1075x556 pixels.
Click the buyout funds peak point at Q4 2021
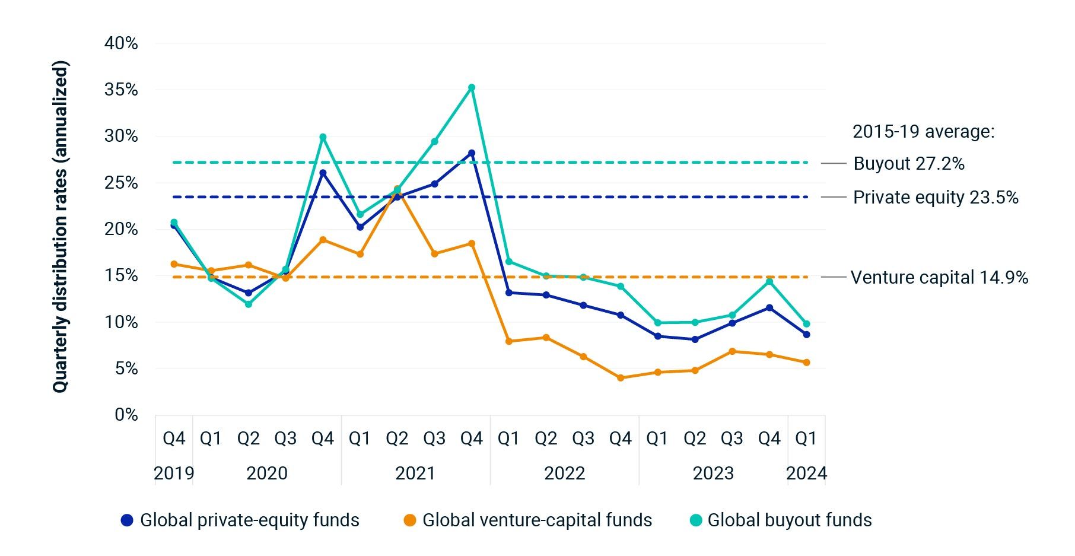pos(472,88)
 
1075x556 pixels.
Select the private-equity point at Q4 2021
pos(472,153)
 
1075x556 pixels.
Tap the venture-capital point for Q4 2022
pos(621,378)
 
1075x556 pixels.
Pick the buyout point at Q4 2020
pos(323,137)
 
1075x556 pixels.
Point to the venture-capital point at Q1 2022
pos(509,341)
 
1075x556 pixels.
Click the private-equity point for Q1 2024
pos(806,335)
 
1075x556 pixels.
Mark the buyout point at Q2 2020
pos(249,304)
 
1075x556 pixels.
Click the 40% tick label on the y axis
pos(121,43)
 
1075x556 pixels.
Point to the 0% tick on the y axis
pos(126,415)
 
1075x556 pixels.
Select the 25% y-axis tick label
pos(121,183)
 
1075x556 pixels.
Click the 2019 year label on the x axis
pos(174,473)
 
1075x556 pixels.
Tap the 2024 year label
pos(806,473)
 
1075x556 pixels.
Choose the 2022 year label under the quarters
pos(564,473)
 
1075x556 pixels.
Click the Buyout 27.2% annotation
pos(908,164)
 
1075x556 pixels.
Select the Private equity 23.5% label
pos(935,198)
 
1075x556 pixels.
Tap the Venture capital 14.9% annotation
pos(939,278)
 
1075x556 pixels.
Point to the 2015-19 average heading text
pos(923,132)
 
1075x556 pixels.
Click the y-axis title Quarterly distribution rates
pos(61,227)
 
